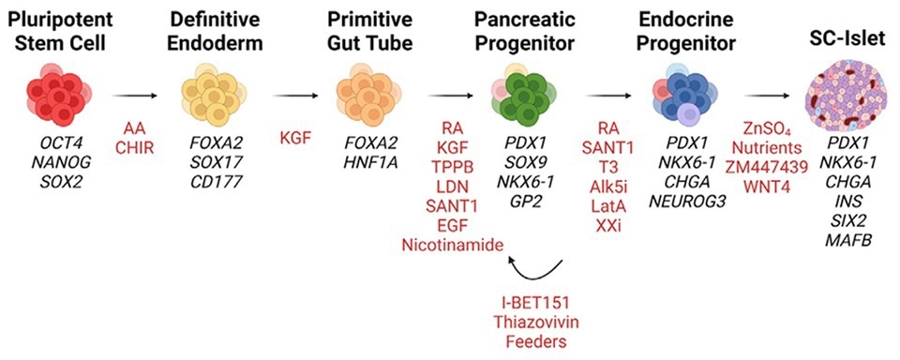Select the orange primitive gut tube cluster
(368, 95)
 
